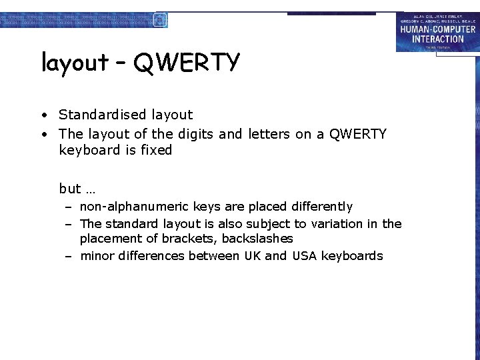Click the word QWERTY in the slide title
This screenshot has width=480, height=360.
point(186,63)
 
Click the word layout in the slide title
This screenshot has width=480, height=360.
point(75,63)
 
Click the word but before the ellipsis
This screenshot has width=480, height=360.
point(70,189)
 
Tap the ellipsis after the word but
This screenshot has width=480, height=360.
point(91,189)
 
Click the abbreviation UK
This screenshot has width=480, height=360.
point(253,256)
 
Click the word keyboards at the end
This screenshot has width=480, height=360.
point(352,256)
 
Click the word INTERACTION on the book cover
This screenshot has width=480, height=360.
point(437,39)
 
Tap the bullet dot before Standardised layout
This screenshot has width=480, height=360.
point(43,115)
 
